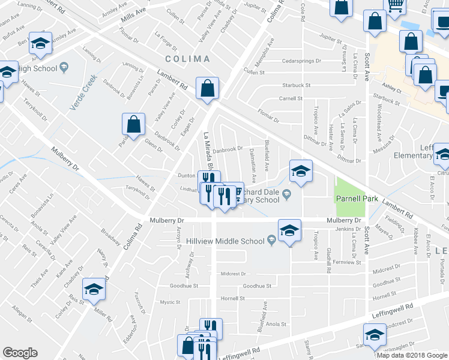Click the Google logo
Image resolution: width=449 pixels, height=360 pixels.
click(20, 353)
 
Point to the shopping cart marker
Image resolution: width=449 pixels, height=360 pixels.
click(395, 7)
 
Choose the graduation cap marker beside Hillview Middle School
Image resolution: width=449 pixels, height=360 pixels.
click(289, 230)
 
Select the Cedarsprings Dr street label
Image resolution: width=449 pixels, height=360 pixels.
click(290, 61)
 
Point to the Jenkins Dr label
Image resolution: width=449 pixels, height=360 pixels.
click(347, 229)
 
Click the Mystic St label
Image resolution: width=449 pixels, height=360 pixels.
click(170, 302)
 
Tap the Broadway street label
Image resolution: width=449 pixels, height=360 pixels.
click(111, 236)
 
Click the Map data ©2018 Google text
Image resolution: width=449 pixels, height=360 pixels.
click(412, 355)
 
